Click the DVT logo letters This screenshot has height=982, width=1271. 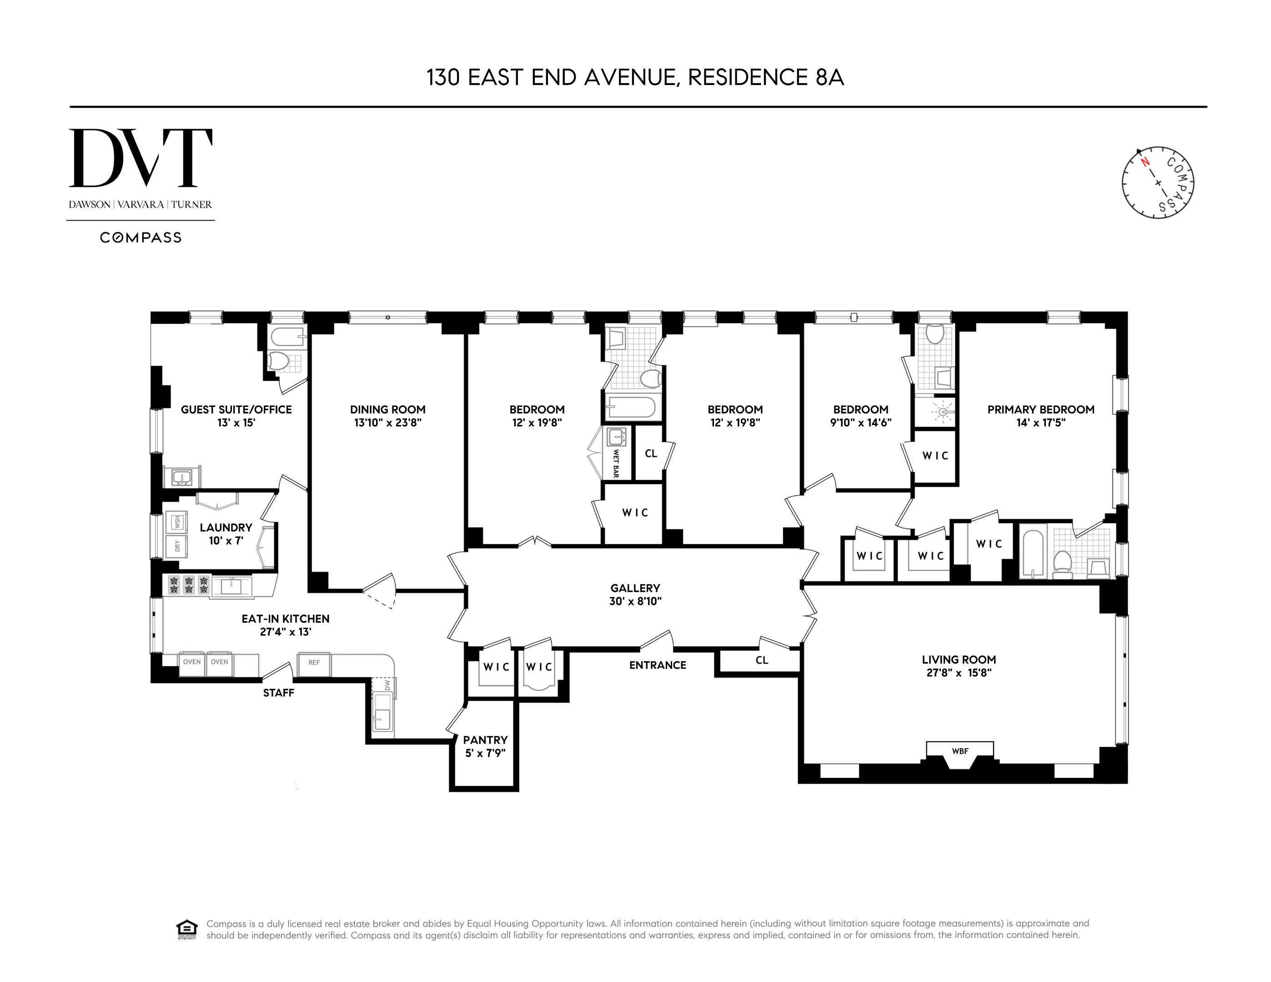click(x=140, y=158)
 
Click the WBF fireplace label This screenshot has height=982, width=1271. click(x=960, y=751)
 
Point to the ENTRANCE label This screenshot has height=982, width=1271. click(x=657, y=665)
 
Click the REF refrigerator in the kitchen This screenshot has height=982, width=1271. click(x=314, y=662)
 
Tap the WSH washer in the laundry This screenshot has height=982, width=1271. click(x=177, y=522)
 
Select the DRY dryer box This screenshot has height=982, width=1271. click(x=177, y=546)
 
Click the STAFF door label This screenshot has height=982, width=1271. click(x=278, y=692)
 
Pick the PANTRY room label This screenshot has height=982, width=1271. click(x=485, y=740)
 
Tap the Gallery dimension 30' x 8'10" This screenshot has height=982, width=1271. click(x=635, y=601)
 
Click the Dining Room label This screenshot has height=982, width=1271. click(x=387, y=410)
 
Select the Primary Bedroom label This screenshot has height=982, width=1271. click(x=1040, y=410)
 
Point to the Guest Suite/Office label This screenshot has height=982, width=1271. click(x=236, y=410)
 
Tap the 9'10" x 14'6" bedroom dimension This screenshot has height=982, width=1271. click(x=860, y=423)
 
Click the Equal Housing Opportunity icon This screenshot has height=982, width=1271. click(x=186, y=930)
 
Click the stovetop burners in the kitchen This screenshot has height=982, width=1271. click(x=189, y=585)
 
